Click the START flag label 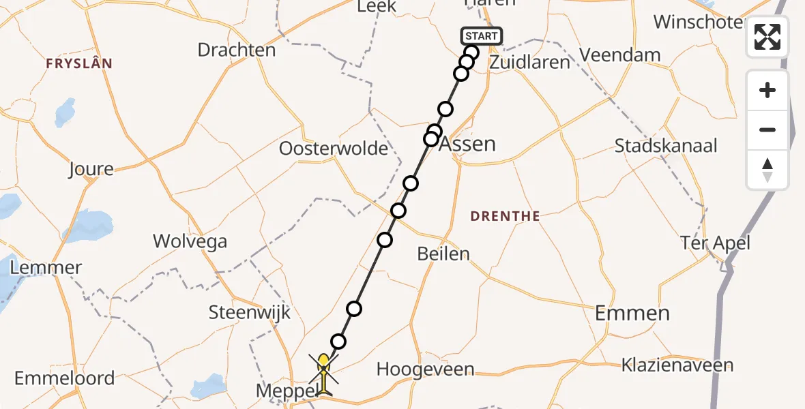click(482, 35)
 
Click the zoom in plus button click(767, 91)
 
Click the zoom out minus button click(767, 130)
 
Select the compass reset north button click(767, 170)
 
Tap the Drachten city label click(237, 50)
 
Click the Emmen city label click(632, 313)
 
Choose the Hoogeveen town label click(425, 369)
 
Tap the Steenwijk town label click(250, 313)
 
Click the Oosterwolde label click(334, 148)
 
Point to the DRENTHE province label click(506, 216)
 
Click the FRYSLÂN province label click(79, 63)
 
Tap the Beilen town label click(443, 254)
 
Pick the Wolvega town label click(190, 241)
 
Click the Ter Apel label click(715, 242)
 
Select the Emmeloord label click(64, 378)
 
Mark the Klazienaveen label click(677, 365)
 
